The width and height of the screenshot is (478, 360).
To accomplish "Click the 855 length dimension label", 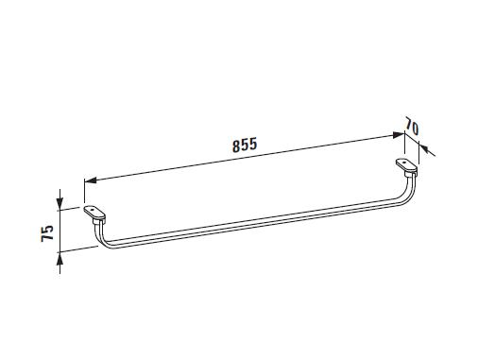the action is coord(245,145).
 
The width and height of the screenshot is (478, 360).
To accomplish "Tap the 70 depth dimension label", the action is coord(412,127).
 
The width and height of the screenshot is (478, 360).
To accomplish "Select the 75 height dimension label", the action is coord(47,233).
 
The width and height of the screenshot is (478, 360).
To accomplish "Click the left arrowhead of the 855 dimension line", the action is coord(91,180).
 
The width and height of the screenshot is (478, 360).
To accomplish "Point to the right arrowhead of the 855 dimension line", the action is coord(398,135).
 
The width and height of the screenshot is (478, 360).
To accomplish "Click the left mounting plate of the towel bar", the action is coord(94,214).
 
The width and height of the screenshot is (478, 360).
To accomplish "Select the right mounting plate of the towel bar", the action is coord(406,166).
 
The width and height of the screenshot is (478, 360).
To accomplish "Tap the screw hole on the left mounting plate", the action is coord(92,210).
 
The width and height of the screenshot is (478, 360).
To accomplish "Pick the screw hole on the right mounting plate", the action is coord(403,162).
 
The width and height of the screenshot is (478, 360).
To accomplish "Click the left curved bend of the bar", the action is coord(100,239).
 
